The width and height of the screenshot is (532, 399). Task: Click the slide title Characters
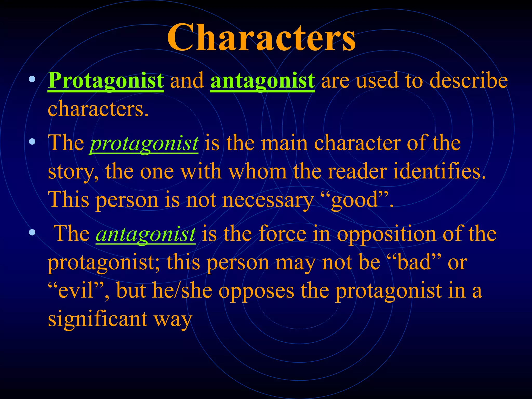(x=261, y=38)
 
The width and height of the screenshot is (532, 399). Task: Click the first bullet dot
(x=32, y=79)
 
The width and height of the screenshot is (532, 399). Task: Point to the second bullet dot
(x=32, y=142)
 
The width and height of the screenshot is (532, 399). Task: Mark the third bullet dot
(x=32, y=232)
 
